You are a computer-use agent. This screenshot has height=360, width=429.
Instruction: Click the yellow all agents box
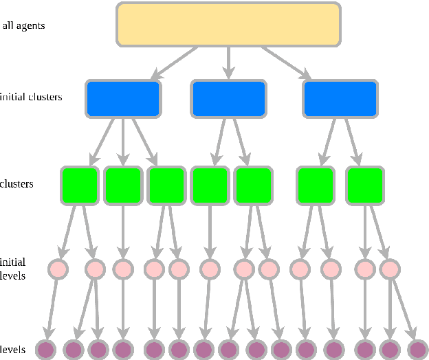click(x=228, y=24)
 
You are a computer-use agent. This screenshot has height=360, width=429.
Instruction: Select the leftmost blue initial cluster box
click(x=123, y=98)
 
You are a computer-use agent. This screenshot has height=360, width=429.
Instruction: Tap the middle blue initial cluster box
click(x=229, y=98)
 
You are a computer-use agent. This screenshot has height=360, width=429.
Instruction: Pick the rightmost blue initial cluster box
click(x=340, y=98)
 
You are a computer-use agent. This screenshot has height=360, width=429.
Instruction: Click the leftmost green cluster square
click(x=80, y=185)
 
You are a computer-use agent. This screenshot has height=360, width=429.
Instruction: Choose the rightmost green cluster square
click(x=364, y=185)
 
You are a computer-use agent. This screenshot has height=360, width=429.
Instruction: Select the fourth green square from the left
click(x=209, y=185)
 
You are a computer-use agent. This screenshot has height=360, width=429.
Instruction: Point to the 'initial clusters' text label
click(x=31, y=97)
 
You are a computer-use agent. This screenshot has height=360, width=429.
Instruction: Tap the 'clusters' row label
click(x=17, y=184)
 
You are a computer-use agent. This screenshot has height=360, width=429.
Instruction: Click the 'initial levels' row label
click(x=13, y=268)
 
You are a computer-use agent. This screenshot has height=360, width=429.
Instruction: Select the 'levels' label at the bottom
click(x=13, y=350)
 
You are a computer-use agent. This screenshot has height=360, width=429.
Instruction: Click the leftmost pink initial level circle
click(x=58, y=269)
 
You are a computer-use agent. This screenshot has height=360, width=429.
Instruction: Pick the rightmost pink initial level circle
click(x=390, y=269)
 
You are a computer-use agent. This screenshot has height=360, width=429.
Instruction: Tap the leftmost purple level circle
click(x=45, y=350)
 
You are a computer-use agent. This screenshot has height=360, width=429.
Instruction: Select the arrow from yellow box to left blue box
click(x=175, y=63)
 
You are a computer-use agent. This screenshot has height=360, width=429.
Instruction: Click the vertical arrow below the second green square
click(x=122, y=230)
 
